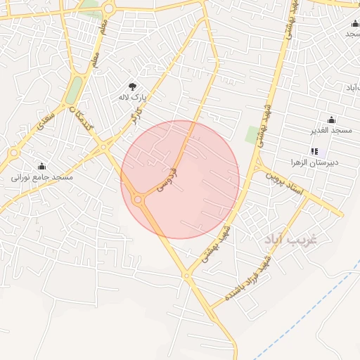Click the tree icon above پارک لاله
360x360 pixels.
pyautogui.click(x=131, y=86)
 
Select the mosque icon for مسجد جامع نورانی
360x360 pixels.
pyautogui.click(x=42, y=167)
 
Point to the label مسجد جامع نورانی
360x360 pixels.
pyautogui.click(x=42, y=178)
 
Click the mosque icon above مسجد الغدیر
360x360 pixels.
pyautogui.click(x=331, y=120)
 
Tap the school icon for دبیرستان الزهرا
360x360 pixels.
pyautogui.click(x=314, y=151)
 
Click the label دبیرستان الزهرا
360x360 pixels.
pyautogui.click(x=314, y=162)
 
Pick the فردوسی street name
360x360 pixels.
pyautogui.click(x=167, y=179)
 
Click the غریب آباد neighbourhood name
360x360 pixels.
pyautogui.click(x=292, y=240)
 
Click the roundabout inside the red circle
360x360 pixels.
pyautogui.click(x=137, y=200)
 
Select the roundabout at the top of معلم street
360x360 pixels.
pyautogui.click(x=108, y=8)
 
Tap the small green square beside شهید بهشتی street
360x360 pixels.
pyautogui.click(x=251, y=134)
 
